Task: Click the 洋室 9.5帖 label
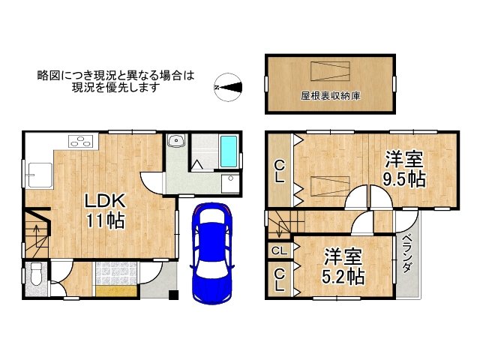[405, 169]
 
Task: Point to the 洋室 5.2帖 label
[343, 266]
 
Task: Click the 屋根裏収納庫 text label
[329, 97]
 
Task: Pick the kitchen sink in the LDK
[35, 177]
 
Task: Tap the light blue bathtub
[229, 151]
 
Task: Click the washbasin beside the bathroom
[177, 141]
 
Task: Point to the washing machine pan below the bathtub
[229, 183]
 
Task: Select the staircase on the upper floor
[283, 223]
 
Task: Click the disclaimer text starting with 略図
[115, 81]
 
